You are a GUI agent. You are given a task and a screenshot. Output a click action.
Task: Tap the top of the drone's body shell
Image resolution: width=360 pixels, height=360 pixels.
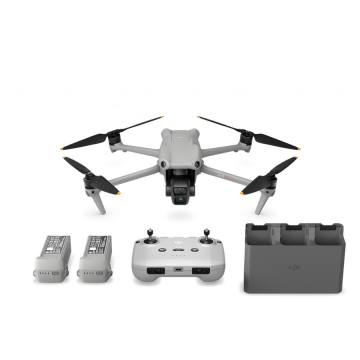point(180,140)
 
